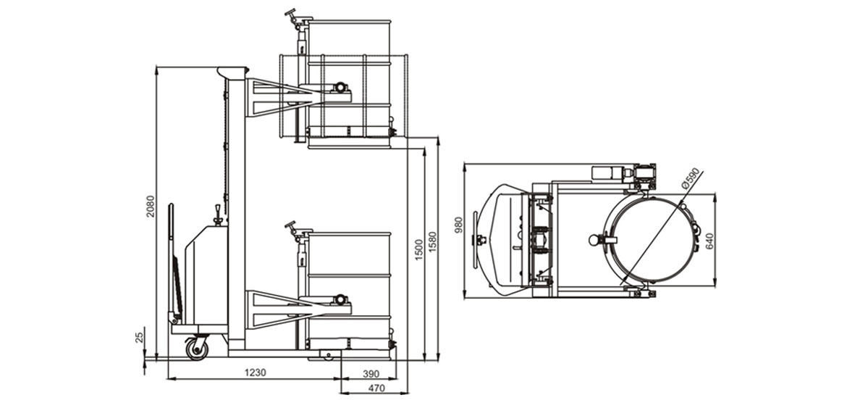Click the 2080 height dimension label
[151, 206]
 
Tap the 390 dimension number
[371, 373]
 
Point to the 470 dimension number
[376, 387]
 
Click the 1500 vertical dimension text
[418, 250]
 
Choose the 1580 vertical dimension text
[432, 242]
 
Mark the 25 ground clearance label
[140, 337]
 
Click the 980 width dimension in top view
[459, 225]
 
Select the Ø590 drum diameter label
[691, 178]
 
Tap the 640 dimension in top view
[709, 241]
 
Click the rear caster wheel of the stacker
[197, 348]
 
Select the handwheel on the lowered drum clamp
[292, 225]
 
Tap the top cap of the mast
[233, 72]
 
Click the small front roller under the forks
[329, 354]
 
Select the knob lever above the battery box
[218, 215]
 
